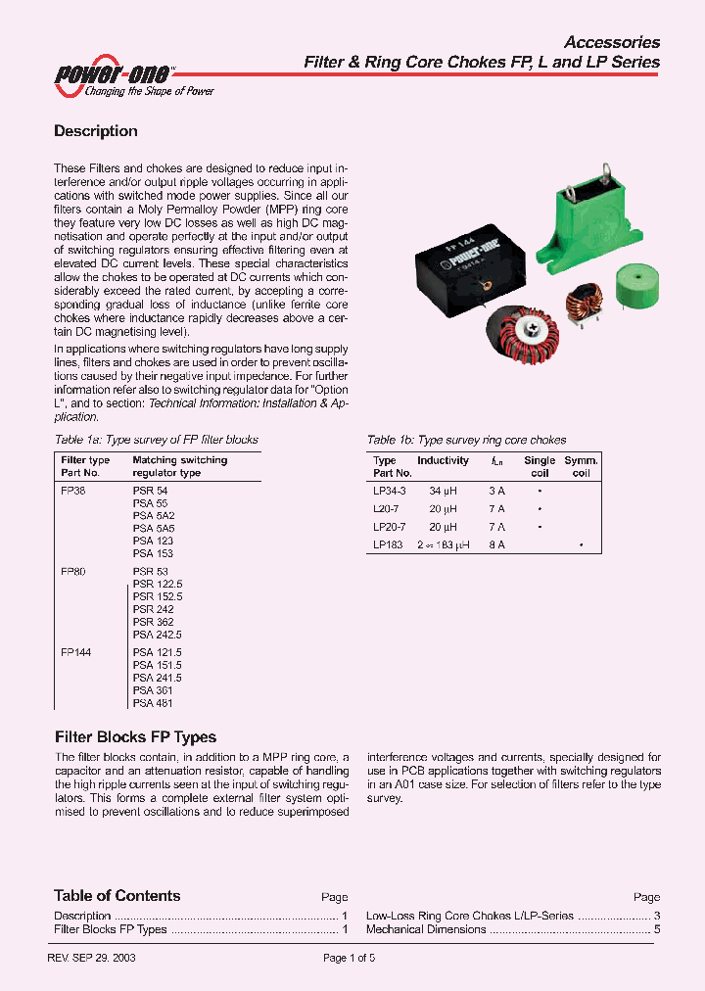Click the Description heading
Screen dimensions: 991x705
[x=95, y=131]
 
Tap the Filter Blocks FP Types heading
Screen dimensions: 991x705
[x=135, y=737]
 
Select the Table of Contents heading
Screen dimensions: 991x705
[x=117, y=896]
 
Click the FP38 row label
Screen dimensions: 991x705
[x=73, y=490]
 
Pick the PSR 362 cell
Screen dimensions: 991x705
[x=153, y=622]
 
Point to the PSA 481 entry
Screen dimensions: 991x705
[x=153, y=702]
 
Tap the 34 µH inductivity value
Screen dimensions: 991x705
[x=444, y=490]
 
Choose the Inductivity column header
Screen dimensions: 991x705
[x=444, y=460]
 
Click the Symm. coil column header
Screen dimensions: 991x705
[x=581, y=466]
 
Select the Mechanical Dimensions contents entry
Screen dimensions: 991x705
[x=426, y=929]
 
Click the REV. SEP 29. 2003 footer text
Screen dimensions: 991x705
[x=91, y=959]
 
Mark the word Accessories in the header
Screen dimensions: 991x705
[x=612, y=42]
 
